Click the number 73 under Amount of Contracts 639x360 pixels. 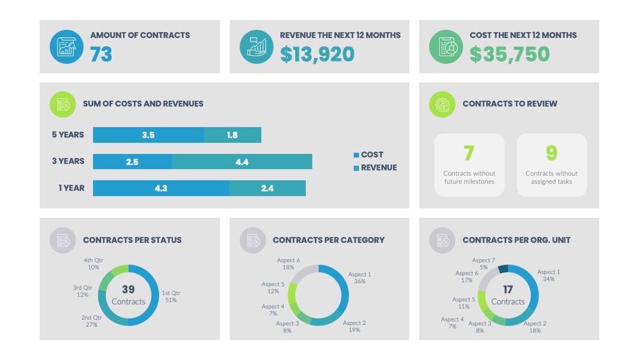coord(101,54)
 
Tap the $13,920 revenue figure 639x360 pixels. coord(317,54)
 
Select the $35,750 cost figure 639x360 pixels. coord(509,54)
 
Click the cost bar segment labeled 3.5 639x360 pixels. coord(149,135)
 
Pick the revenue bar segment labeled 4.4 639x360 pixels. coord(242,162)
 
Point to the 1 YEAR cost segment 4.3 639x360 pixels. coord(161,188)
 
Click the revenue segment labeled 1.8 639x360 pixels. coord(233,135)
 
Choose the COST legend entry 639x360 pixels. coord(369,155)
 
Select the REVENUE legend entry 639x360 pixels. coord(375,168)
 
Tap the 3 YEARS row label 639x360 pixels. coord(68,162)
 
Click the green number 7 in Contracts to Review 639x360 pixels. coord(469,153)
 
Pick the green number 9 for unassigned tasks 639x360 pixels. coord(551,153)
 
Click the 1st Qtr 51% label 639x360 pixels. coord(171,297)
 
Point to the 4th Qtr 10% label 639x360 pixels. coord(93,263)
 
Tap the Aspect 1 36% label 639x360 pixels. coord(360,278)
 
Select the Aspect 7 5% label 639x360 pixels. coord(483,263)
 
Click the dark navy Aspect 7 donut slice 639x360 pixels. coord(504,269)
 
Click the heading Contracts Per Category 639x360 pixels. coord(328,240)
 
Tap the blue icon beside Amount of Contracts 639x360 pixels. coord(66,47)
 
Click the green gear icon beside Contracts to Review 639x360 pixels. coord(442,104)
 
